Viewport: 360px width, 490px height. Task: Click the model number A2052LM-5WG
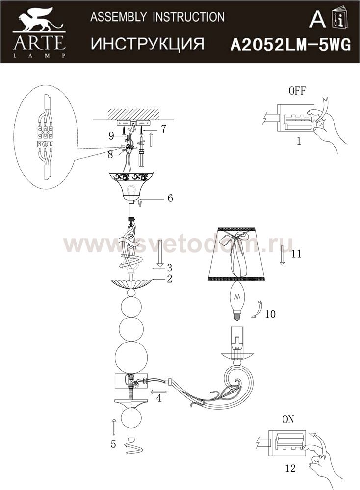coord(290,45)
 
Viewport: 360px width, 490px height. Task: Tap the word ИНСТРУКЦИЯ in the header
coord(148,44)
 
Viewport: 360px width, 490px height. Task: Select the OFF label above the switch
coord(297,91)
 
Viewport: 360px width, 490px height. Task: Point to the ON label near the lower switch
coord(288,419)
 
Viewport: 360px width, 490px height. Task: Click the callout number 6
coord(170,198)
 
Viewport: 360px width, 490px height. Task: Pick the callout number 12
coord(290,468)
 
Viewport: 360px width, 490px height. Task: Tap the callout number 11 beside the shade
coord(296,253)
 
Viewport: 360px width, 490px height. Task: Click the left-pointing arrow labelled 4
coord(158,392)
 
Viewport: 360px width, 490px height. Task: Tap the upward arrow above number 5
coord(114,427)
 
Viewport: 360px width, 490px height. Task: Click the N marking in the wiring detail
coord(40,145)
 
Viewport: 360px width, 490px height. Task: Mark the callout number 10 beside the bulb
coord(270,314)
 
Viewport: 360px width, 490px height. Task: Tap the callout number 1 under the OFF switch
coord(299,141)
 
